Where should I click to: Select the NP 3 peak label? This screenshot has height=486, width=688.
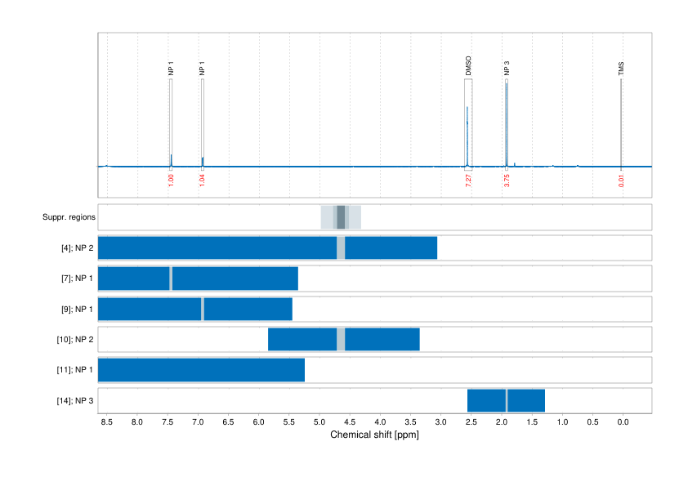tap(507, 69)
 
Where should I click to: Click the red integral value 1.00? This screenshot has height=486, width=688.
tap(171, 180)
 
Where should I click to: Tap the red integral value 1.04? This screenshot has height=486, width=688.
tap(202, 180)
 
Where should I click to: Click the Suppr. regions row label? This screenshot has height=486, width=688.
tap(69, 217)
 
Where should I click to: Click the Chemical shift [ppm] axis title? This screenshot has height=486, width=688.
tap(374, 435)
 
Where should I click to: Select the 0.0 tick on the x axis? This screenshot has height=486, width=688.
tap(623, 422)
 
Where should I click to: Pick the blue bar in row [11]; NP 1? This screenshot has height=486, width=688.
tap(201, 370)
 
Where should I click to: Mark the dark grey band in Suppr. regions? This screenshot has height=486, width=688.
tap(341, 217)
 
